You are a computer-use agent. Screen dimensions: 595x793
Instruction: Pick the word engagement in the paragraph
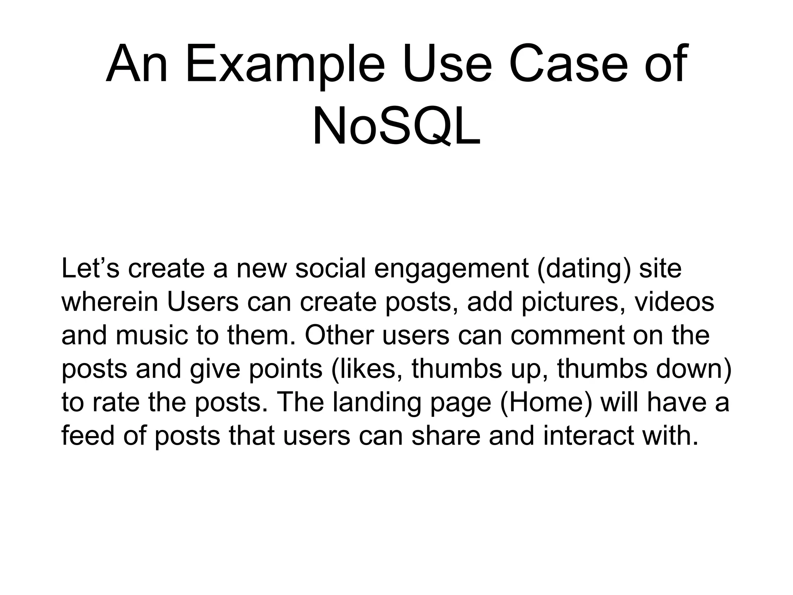(451, 270)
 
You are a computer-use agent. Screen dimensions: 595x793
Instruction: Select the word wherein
(110, 302)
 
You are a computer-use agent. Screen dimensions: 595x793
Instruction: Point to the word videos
(674, 302)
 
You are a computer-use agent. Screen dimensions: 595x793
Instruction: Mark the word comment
(568, 335)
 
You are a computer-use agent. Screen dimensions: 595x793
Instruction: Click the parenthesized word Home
(546, 402)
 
